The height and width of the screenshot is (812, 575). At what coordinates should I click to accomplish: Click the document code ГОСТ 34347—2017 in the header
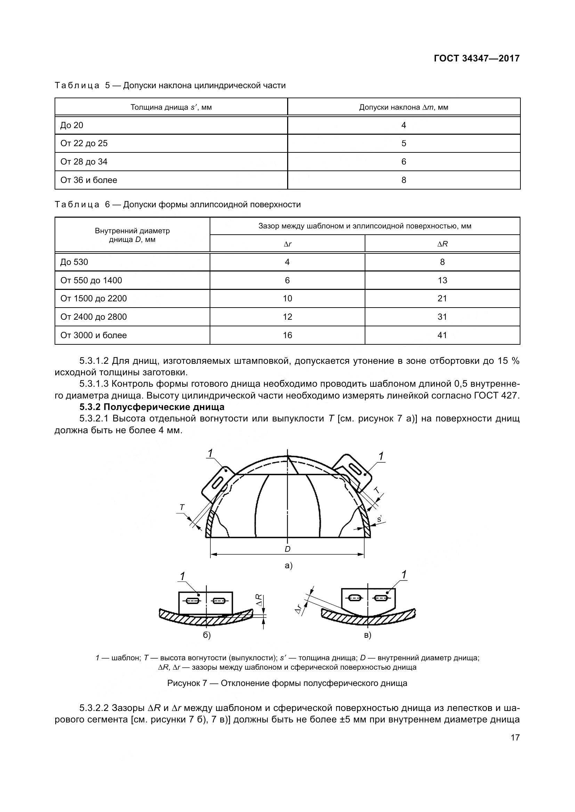click(x=477, y=58)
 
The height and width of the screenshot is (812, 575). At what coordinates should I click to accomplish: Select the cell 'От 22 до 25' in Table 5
click(x=84, y=143)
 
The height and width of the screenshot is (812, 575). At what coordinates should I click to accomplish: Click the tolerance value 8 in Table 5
click(x=404, y=180)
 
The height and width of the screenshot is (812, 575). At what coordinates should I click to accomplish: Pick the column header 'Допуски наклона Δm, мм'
click(x=404, y=107)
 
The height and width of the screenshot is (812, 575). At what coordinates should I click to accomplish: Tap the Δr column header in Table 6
click(x=287, y=244)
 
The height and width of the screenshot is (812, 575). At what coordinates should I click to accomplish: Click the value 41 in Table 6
click(x=442, y=335)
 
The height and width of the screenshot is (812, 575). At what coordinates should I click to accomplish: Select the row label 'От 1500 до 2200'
click(x=94, y=298)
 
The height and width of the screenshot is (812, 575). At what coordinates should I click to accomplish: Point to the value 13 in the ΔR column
click(x=442, y=280)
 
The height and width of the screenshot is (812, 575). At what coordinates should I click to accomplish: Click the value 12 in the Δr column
click(x=287, y=317)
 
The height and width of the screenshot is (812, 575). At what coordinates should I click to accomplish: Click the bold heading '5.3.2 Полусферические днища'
click(x=152, y=407)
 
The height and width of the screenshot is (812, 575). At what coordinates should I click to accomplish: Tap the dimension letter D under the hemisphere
click(x=287, y=549)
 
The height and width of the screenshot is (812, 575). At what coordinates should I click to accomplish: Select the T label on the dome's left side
click(x=182, y=508)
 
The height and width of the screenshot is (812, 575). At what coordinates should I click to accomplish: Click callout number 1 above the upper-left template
click(x=210, y=453)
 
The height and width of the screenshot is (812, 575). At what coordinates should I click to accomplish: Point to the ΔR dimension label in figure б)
click(x=260, y=600)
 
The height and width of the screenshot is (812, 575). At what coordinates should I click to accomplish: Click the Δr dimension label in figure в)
click(x=299, y=609)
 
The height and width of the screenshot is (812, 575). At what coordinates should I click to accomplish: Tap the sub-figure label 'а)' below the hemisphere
click(x=289, y=566)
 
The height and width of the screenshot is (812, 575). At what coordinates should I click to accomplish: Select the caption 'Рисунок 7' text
click(x=187, y=683)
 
